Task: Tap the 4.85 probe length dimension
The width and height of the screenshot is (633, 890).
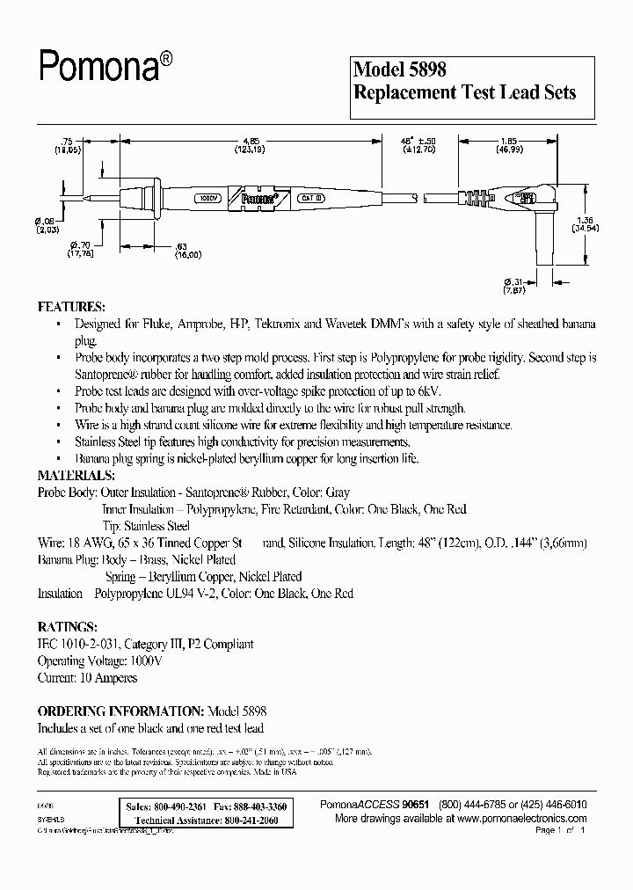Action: pos(250,140)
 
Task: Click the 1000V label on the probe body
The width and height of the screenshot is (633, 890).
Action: pos(208,199)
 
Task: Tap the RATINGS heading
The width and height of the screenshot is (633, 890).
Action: pos(67,628)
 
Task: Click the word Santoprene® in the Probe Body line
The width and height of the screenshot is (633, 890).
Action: pos(249,492)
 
